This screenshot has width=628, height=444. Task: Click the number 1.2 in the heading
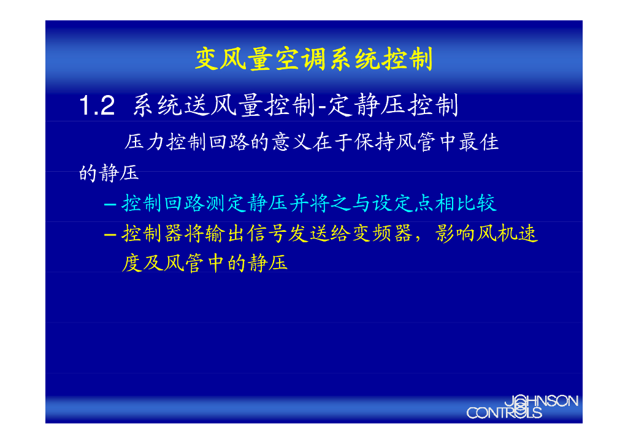(x=97, y=107)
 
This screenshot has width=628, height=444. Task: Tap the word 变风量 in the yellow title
(x=234, y=59)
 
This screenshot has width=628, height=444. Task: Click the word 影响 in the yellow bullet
(x=455, y=234)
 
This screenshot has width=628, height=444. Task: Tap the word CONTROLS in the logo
(x=504, y=413)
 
